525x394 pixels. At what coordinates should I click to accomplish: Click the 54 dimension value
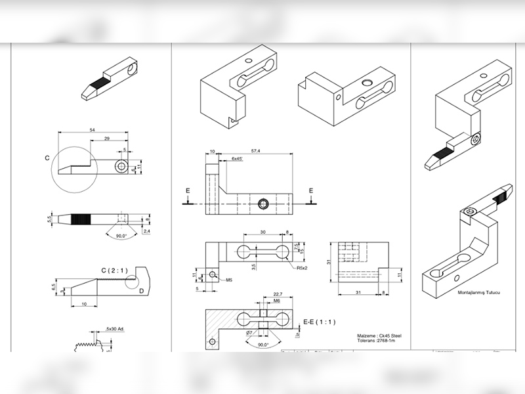pos(91,130)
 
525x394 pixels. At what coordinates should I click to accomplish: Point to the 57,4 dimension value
pos(255,151)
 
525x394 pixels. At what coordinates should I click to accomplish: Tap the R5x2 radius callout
pos(303,268)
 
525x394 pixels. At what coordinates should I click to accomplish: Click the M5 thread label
pos(230,280)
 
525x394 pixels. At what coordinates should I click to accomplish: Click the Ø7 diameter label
pos(249,334)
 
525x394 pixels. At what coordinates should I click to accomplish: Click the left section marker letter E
pos(188,191)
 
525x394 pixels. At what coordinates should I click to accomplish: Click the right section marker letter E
pos(311,191)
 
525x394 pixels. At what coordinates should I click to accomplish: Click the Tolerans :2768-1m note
pos(377,341)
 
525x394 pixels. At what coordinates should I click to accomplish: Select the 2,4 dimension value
pos(146,231)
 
